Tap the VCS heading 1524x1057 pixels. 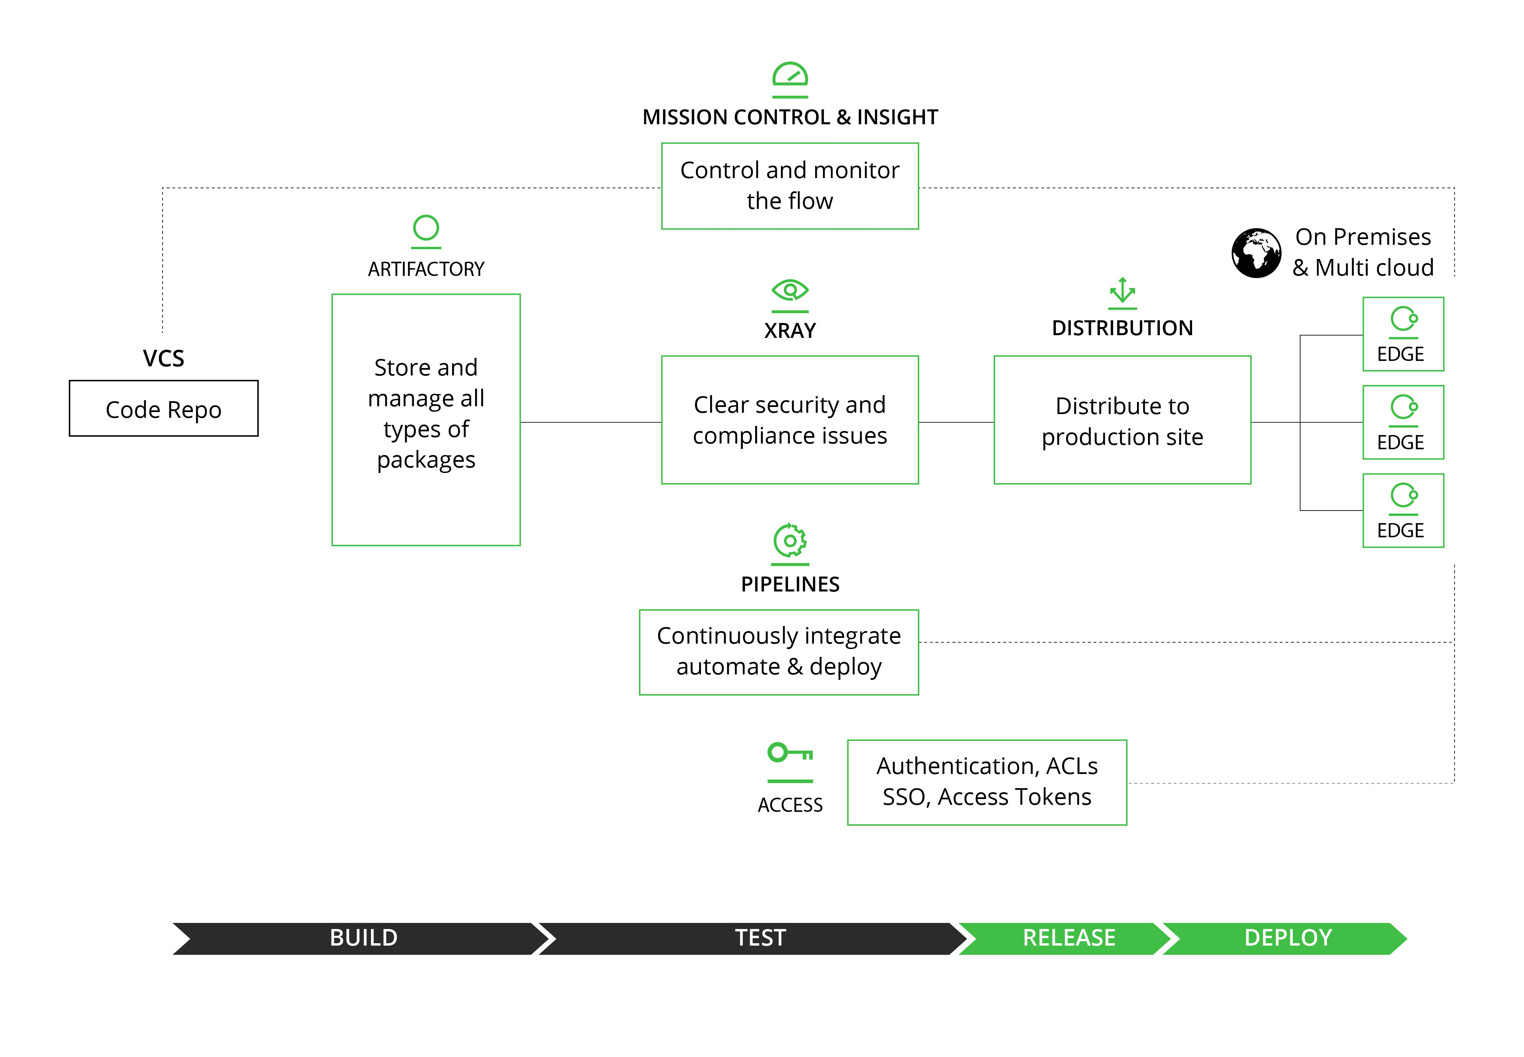click(x=164, y=358)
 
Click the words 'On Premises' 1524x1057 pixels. click(x=1363, y=236)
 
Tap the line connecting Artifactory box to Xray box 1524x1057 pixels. click(x=591, y=422)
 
